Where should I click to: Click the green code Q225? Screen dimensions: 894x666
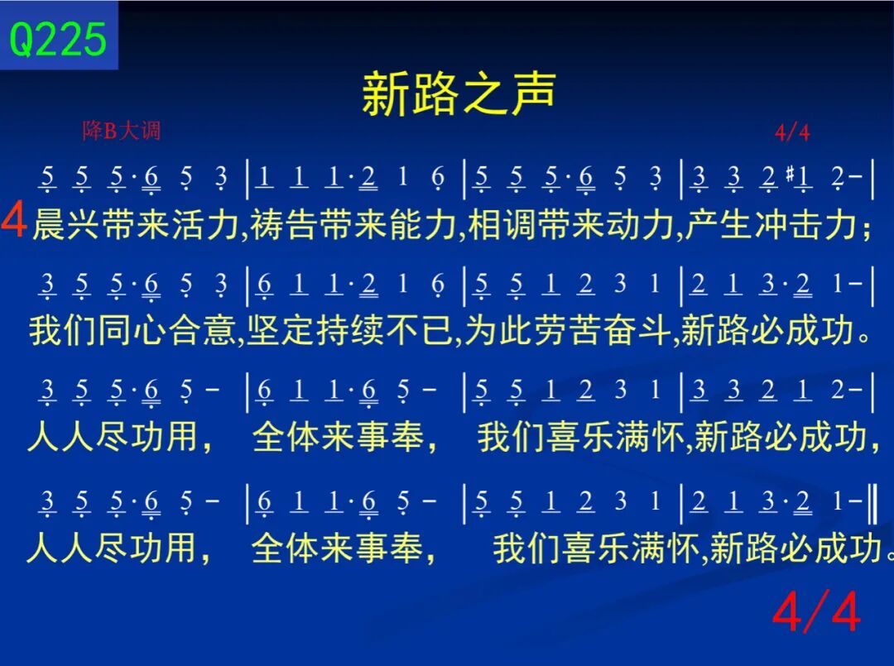pyautogui.click(x=58, y=39)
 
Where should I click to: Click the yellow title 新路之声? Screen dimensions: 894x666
pyautogui.click(x=459, y=93)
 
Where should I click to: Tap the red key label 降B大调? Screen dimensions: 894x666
pyautogui.click(x=122, y=131)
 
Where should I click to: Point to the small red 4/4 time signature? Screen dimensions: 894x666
pyautogui.click(x=792, y=132)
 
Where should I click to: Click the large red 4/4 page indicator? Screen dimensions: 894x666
pyautogui.click(x=816, y=611)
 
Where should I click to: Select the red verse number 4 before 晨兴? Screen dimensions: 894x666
pyautogui.click(x=14, y=220)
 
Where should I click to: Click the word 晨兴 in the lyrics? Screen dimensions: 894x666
pyautogui.click(x=67, y=224)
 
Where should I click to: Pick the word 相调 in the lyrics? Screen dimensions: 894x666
pyautogui.click(x=502, y=224)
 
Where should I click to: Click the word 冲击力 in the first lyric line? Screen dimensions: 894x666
pyautogui.click(x=806, y=224)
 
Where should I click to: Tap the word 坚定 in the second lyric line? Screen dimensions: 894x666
pyautogui.click(x=281, y=330)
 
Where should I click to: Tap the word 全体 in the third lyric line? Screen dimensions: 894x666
pyautogui.click(x=286, y=436)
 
